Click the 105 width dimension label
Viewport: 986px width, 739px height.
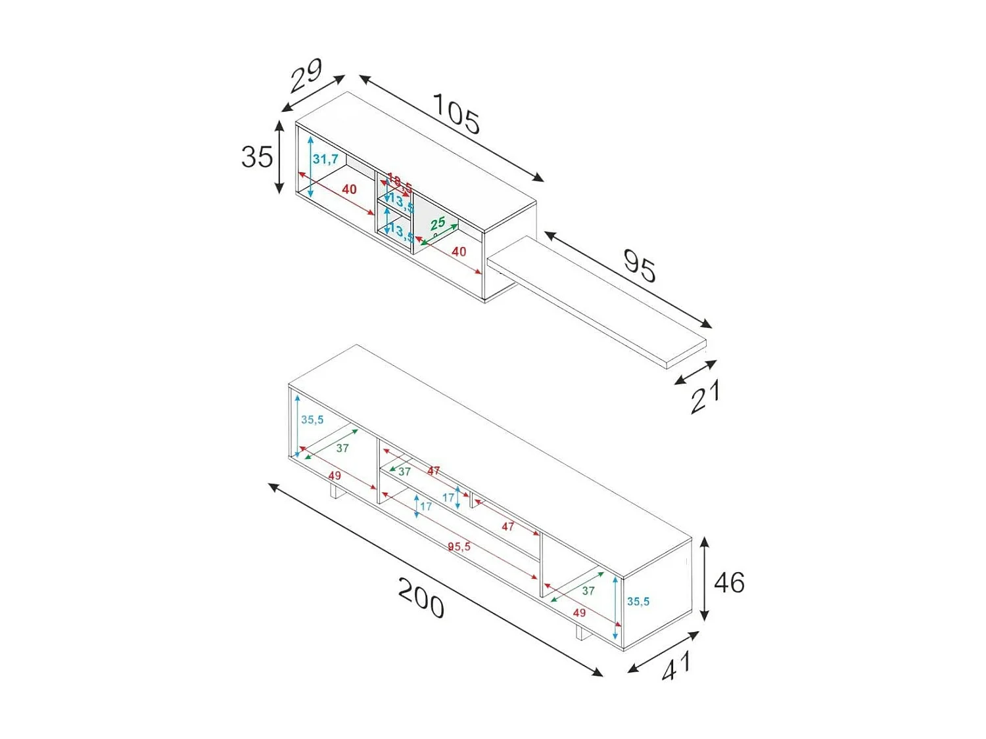point(456,114)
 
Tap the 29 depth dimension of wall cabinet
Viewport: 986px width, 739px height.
point(306,76)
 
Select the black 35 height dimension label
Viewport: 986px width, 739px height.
point(256,157)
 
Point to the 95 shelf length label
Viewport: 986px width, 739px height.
point(639,265)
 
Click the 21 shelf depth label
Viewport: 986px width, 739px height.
point(705,397)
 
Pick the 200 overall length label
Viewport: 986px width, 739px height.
point(421,598)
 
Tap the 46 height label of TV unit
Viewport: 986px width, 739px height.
point(729,583)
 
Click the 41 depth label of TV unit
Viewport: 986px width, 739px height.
point(676,666)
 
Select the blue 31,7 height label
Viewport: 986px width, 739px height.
point(325,159)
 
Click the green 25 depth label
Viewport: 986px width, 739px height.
point(438,223)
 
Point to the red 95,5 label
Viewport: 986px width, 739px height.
point(459,547)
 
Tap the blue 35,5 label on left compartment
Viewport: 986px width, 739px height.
point(312,420)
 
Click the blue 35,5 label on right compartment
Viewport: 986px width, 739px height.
point(638,601)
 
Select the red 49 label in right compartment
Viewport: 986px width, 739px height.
point(579,613)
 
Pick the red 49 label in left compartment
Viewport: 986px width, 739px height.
point(335,476)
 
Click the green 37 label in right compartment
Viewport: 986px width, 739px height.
point(588,591)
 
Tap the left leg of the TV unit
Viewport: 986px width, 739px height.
point(334,491)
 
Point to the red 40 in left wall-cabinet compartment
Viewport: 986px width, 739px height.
point(349,189)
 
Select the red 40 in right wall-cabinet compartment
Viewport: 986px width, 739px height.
point(459,252)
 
